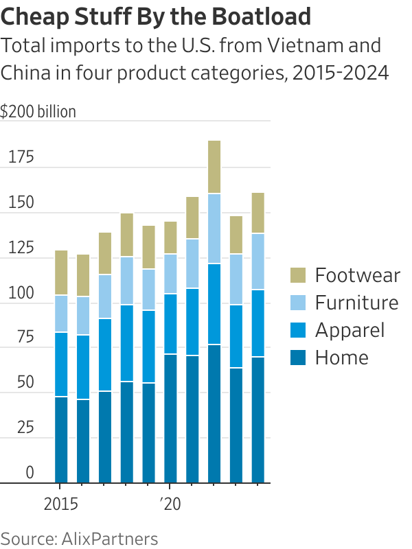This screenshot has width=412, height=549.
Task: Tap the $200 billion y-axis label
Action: click(38, 112)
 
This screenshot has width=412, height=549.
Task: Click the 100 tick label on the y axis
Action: click(21, 292)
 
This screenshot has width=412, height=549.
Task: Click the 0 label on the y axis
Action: click(30, 473)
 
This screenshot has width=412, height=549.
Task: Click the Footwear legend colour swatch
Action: click(297, 276)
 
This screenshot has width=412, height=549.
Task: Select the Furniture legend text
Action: click(356, 303)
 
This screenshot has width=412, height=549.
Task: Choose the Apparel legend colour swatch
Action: click(297, 330)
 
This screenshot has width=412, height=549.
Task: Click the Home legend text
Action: click(341, 358)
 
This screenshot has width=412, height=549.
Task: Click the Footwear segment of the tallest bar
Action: click(214, 167)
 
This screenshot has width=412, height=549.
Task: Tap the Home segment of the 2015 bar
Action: click(61, 439)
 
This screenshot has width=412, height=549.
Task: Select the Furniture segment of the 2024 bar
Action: click(258, 261)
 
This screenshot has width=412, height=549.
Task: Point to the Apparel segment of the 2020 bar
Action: click(170, 324)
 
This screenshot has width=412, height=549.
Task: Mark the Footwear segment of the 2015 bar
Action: click(61, 272)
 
